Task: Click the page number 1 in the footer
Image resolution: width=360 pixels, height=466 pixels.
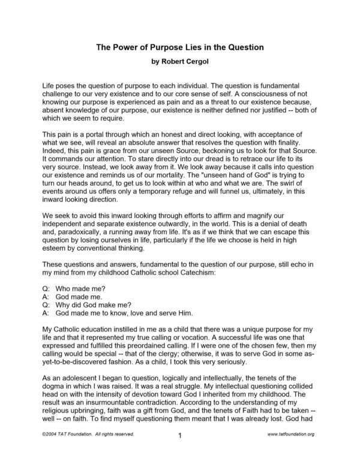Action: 179,452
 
